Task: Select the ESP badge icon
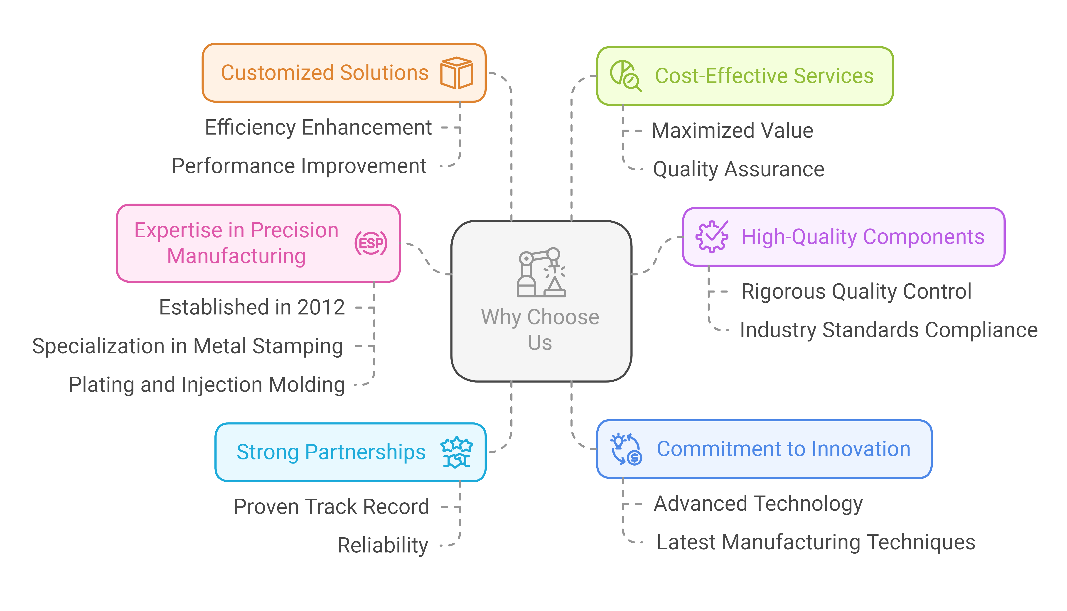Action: pyautogui.click(x=371, y=243)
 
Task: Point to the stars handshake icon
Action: pyautogui.click(x=457, y=452)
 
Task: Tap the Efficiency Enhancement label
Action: pyautogui.click(x=318, y=128)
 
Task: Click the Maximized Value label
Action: pyautogui.click(x=732, y=130)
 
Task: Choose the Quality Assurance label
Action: pyautogui.click(x=738, y=169)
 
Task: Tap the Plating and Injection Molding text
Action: pyautogui.click(x=207, y=385)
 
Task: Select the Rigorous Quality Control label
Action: pyautogui.click(x=856, y=292)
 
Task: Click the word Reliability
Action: pyautogui.click(x=383, y=545)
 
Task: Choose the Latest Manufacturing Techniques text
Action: pyautogui.click(x=816, y=542)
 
